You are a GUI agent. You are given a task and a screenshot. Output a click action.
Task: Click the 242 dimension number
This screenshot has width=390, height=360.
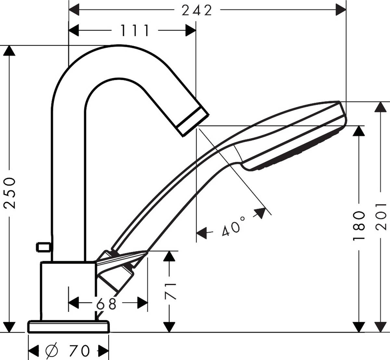tap(197, 10)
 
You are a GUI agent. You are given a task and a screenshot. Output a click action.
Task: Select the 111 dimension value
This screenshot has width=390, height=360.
tap(135, 31)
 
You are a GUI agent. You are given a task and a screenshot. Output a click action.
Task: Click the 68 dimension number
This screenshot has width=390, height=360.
tap(106, 304)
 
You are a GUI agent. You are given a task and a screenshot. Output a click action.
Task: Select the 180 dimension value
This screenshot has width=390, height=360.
tap(358, 226)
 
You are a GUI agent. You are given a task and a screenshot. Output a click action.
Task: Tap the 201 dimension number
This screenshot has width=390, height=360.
tap(381, 217)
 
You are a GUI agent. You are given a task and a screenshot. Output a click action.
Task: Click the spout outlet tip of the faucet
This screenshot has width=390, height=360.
tap(193, 122)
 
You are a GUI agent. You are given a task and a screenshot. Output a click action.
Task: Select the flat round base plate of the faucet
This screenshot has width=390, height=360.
tap(69, 327)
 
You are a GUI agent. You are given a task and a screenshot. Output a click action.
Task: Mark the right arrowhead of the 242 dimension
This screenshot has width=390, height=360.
tap(341, 10)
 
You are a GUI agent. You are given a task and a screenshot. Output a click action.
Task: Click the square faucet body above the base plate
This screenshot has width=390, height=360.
tap(68, 291)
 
